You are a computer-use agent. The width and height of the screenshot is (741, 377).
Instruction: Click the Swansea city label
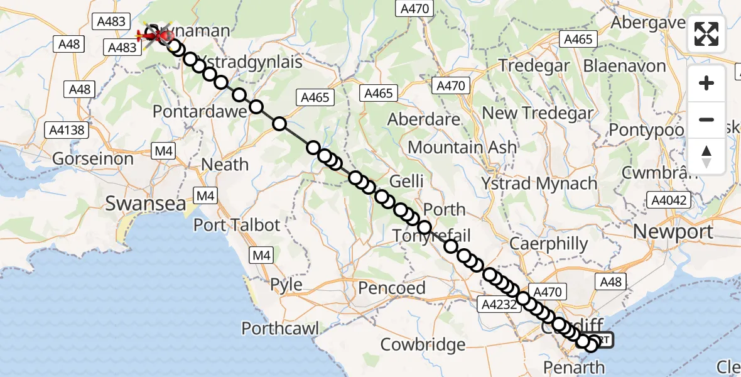point(146,204)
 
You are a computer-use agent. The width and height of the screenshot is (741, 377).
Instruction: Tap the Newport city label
point(673,231)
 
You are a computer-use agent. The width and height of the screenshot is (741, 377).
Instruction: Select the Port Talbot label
point(237,224)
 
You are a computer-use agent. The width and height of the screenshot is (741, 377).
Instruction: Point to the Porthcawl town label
point(280,328)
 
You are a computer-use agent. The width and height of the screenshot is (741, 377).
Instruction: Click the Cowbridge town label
point(423,344)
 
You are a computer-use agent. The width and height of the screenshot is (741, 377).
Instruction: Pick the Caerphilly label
point(549,244)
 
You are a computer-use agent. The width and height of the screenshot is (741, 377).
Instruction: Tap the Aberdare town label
point(425,119)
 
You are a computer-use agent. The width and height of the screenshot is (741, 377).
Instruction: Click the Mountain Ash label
point(462,148)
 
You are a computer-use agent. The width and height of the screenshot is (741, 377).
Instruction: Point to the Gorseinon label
point(93,158)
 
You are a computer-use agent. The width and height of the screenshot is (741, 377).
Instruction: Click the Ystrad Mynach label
point(539,183)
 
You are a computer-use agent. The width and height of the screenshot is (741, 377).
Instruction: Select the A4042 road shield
point(669,201)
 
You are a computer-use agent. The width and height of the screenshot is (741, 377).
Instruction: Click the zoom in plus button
point(706,83)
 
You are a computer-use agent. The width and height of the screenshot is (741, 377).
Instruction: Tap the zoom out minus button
point(706,119)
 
